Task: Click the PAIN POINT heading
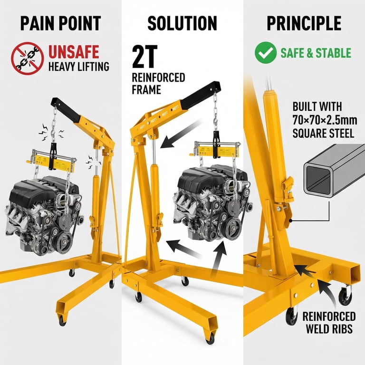[x=60, y=23]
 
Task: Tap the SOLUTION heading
[x=182, y=23]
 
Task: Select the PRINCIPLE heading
[x=304, y=23]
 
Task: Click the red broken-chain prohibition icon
[x=28, y=58]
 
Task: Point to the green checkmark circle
[x=266, y=53]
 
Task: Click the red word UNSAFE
[x=74, y=52]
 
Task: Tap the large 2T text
[x=145, y=57]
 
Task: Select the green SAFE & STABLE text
[x=316, y=53]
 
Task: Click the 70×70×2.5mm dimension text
[x=325, y=120]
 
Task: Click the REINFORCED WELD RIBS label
[x=329, y=323]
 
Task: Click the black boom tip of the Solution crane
[x=201, y=95]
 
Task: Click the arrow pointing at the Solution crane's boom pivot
[x=181, y=134]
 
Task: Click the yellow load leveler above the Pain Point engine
[x=52, y=161]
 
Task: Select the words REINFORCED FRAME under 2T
[x=158, y=83]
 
